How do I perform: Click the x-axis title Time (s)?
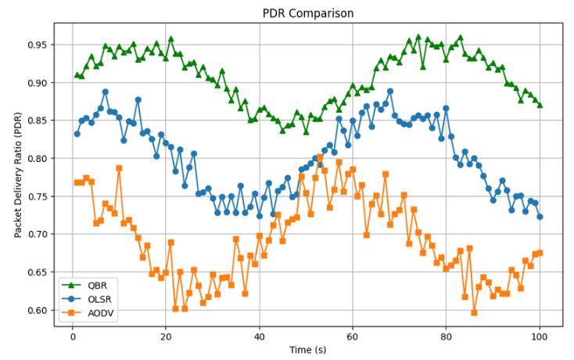(x=307, y=349)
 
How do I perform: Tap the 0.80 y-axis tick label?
(x=38, y=159)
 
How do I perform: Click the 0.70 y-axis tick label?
(x=38, y=235)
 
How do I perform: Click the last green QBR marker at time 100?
(x=540, y=105)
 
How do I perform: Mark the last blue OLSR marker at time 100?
(x=540, y=217)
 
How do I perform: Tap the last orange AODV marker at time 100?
(x=540, y=253)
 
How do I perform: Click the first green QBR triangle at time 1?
(x=77, y=75)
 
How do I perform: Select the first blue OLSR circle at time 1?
(x=77, y=134)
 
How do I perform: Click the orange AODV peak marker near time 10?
(x=119, y=168)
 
